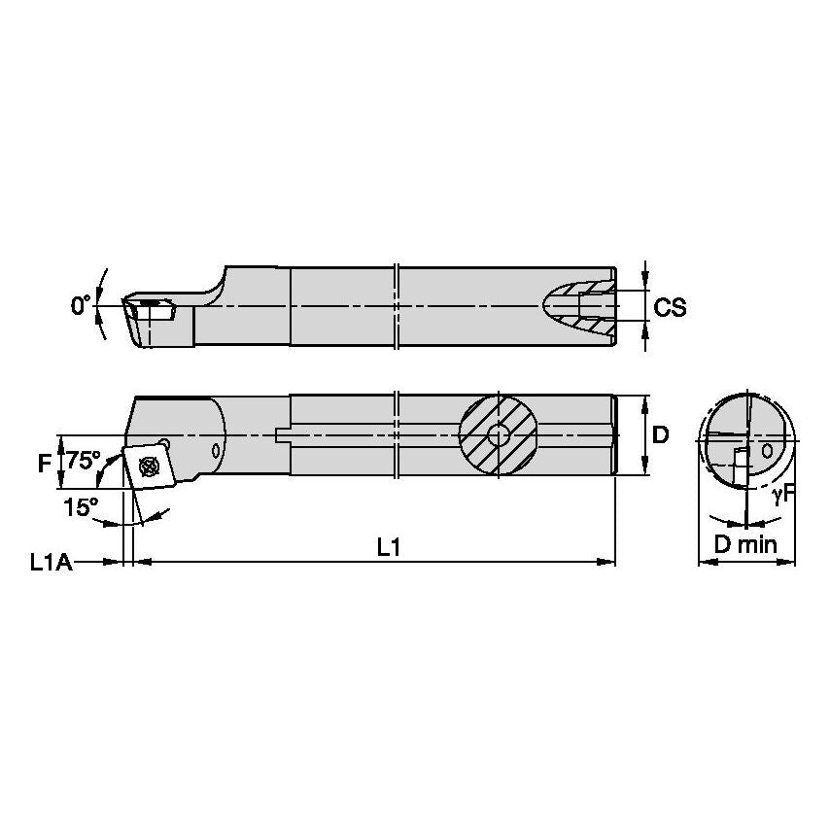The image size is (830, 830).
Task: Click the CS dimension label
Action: (670, 307)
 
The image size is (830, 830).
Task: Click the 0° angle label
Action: (80, 306)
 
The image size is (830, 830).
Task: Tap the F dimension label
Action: (44, 464)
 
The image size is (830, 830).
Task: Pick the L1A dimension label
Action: (51, 562)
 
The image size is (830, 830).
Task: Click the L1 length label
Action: (389, 548)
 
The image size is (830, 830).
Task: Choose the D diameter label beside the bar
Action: (660, 435)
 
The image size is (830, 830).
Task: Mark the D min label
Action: (746, 545)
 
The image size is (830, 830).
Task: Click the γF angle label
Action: (783, 495)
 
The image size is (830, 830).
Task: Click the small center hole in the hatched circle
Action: (499, 436)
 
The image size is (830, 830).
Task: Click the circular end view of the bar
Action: (746, 439)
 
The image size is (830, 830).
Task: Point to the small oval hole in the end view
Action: (770, 450)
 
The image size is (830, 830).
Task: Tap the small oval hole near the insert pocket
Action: (216, 450)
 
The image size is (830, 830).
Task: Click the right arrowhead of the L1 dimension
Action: (609, 562)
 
